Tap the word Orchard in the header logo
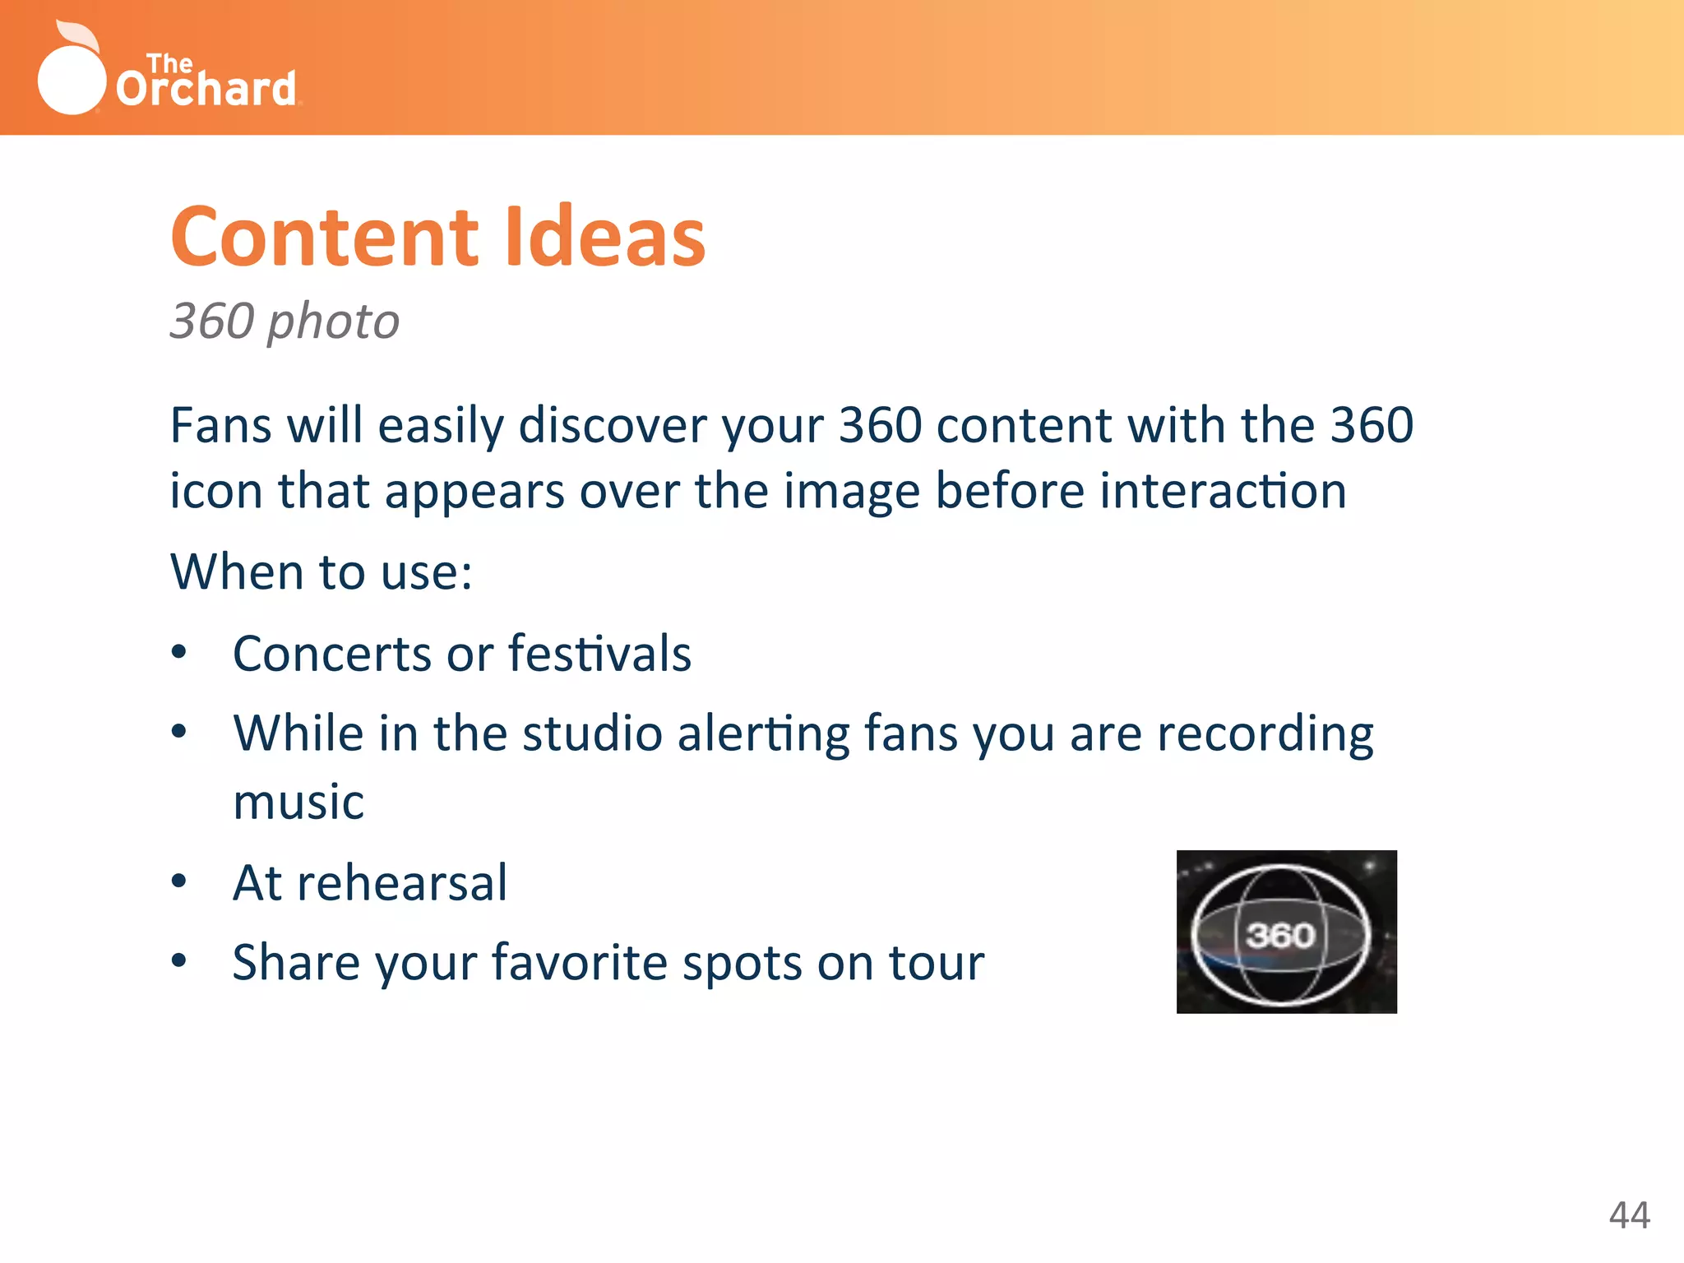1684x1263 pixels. (x=206, y=89)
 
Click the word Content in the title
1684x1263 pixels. (x=325, y=238)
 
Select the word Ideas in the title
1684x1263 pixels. (x=604, y=238)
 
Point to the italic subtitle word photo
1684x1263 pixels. (x=333, y=322)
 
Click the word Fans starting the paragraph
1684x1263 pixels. (x=220, y=426)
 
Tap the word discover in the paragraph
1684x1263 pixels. (x=613, y=426)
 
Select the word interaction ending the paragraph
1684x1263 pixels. (x=1223, y=491)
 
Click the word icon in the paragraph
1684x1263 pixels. (x=215, y=491)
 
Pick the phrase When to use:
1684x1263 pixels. (x=321, y=571)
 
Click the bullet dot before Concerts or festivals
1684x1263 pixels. (x=179, y=653)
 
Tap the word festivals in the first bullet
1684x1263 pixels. (x=599, y=654)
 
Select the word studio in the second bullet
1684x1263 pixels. (x=592, y=733)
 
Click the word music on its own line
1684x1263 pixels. (x=298, y=803)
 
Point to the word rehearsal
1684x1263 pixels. (x=402, y=883)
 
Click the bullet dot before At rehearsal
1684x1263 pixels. (x=179, y=881)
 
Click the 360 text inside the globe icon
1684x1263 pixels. (x=1280, y=935)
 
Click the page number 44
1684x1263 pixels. (x=1629, y=1215)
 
